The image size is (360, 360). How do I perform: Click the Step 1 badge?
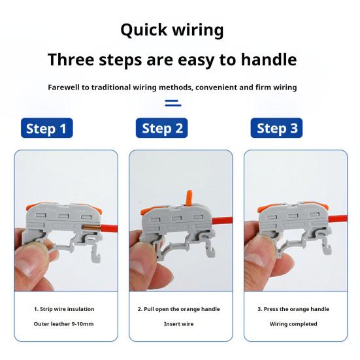46,128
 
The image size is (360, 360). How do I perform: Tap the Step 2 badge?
161,128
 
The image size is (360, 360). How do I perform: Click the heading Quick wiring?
172,30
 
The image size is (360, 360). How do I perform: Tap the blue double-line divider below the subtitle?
172,102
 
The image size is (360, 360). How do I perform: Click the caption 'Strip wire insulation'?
64,309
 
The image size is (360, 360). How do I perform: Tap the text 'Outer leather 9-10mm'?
64,324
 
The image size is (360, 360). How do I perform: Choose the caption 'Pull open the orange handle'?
178,309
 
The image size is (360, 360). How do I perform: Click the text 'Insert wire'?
178,324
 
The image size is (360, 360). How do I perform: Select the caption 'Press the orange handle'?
293,309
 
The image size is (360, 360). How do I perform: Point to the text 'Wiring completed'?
293,324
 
